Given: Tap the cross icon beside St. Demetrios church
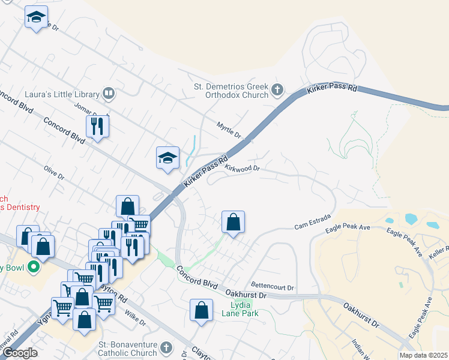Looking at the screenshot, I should point(277,91).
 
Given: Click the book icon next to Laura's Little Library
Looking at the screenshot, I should point(108,93).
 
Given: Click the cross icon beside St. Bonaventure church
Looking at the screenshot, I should point(166,347).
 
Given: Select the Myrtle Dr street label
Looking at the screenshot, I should point(228,128).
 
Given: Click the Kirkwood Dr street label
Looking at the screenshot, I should point(242,169).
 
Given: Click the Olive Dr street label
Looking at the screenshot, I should point(54,173).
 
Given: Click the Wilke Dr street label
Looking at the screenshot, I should point(136,316).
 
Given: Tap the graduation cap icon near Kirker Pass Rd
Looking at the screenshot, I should point(168,158).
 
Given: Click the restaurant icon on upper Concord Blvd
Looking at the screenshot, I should point(97,126).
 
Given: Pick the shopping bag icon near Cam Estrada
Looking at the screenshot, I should point(233,222).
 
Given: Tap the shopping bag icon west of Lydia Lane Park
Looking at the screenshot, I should point(202,310).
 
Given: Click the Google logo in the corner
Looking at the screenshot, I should point(20,353).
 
